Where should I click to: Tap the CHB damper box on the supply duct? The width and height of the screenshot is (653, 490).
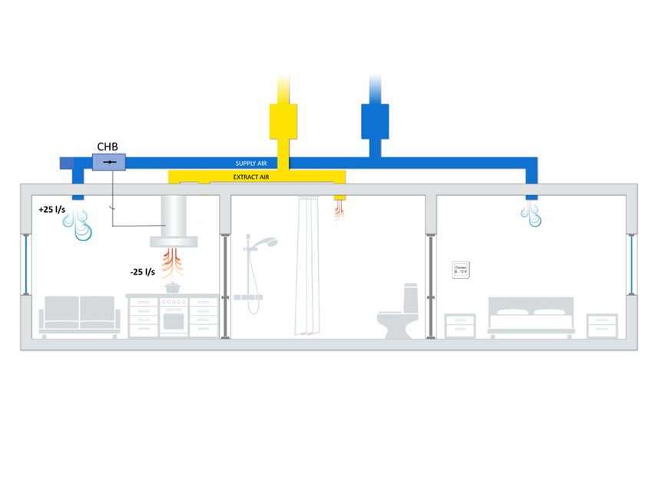tap(109, 163)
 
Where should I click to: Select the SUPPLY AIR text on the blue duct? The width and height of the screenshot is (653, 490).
tap(250, 164)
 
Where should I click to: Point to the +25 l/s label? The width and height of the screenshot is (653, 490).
tap(51, 209)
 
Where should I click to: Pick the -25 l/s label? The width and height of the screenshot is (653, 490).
tap(144, 271)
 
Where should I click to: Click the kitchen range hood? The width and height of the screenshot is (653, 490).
tap(174, 223)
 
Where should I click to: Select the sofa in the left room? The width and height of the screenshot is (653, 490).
tap(80, 315)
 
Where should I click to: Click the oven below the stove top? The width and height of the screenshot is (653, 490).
tap(174, 321)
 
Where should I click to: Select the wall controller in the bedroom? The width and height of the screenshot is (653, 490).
tap(461, 270)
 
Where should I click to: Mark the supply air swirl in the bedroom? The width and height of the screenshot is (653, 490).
tap(532, 217)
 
